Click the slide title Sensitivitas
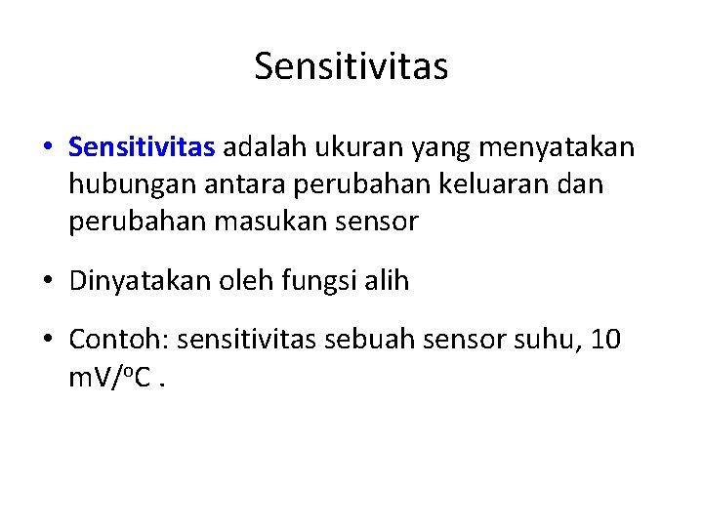click(351, 66)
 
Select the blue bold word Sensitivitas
click(142, 147)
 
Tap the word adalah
click(263, 147)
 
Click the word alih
click(390, 281)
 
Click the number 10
click(606, 341)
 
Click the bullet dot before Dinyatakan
click(49, 282)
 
